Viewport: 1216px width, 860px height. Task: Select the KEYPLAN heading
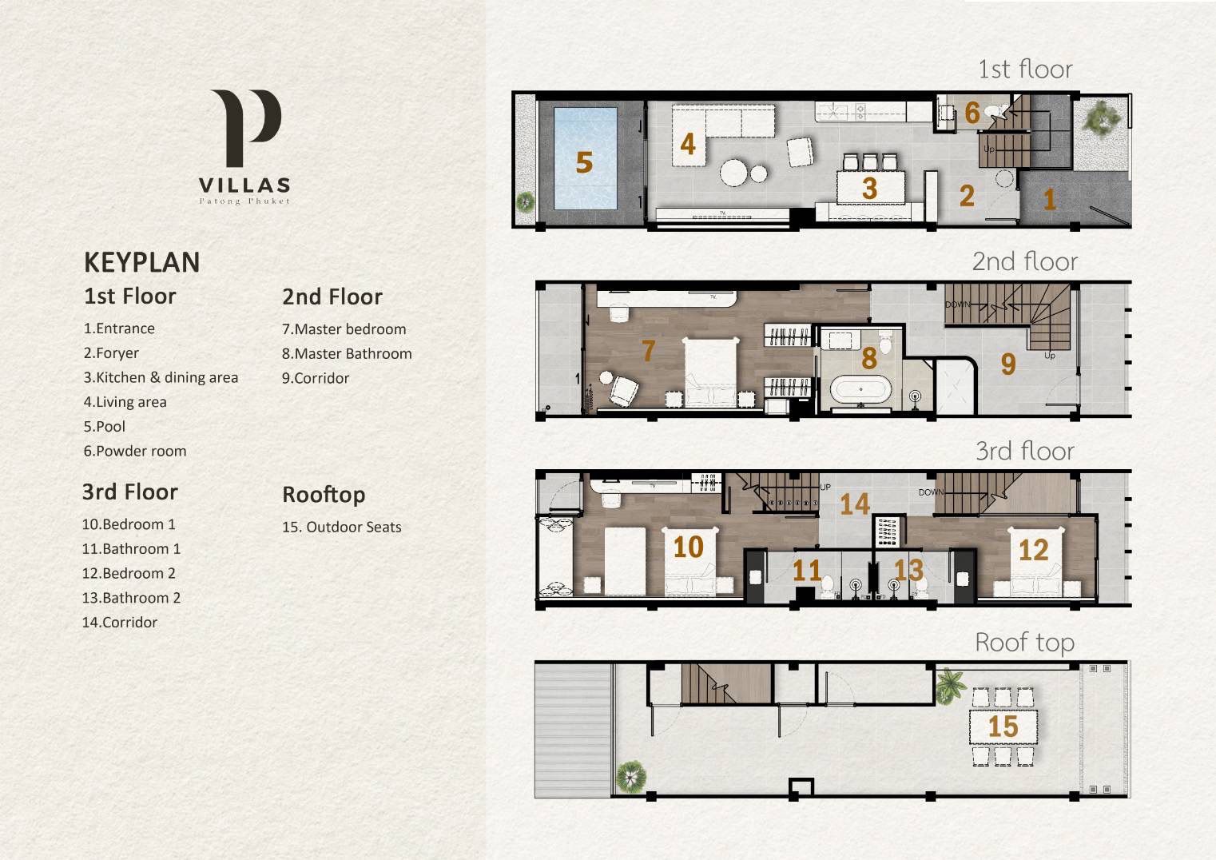141,262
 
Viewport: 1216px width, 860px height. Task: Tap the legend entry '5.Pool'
104,427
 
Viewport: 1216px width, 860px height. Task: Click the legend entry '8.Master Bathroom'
347,353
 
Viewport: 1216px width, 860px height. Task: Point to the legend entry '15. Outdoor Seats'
341,527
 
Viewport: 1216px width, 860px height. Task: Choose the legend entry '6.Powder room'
135,451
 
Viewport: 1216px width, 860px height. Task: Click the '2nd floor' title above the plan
1024,261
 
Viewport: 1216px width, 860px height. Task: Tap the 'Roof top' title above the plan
1024,643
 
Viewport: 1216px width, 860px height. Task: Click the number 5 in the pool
584,162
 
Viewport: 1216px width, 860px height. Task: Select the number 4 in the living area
688,145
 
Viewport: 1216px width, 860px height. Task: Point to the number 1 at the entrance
1049,200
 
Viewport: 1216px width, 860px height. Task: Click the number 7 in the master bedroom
648,351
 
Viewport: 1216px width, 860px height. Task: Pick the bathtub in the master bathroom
860,388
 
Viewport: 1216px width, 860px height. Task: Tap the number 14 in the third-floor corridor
855,504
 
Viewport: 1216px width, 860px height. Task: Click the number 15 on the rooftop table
1003,727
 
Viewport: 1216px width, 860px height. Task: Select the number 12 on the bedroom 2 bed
1033,551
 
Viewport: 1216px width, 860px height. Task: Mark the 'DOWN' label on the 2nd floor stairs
958,305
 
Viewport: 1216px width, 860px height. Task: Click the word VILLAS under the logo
244,185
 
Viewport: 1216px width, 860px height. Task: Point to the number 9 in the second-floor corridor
1008,364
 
